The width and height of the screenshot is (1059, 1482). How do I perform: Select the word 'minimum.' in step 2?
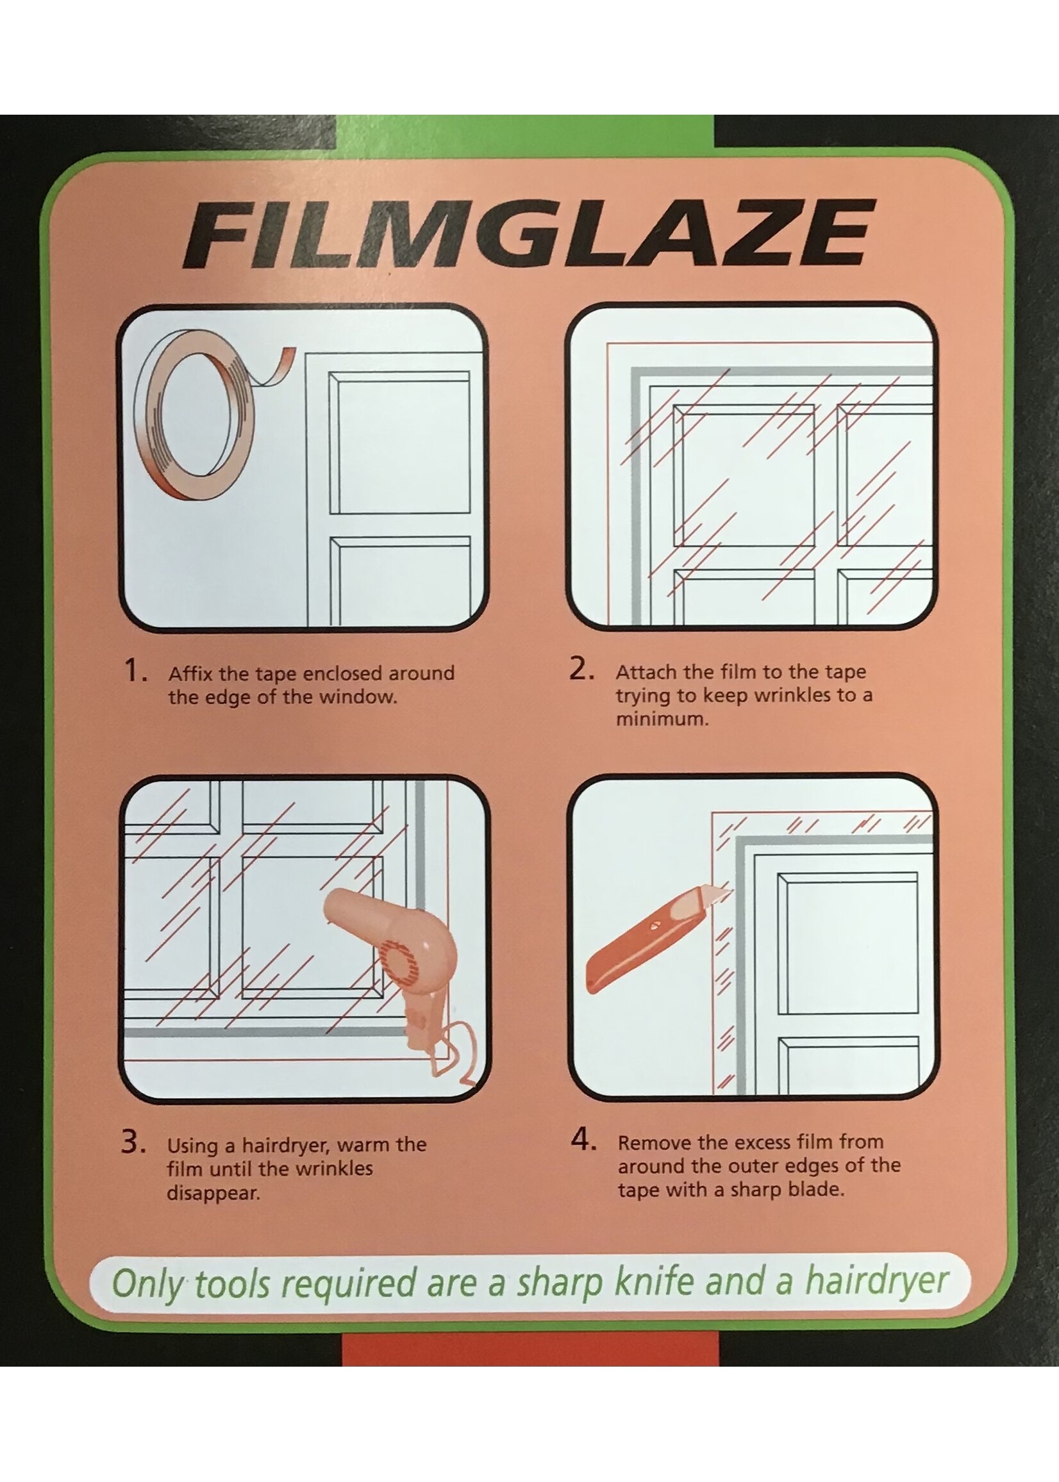[x=661, y=720]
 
